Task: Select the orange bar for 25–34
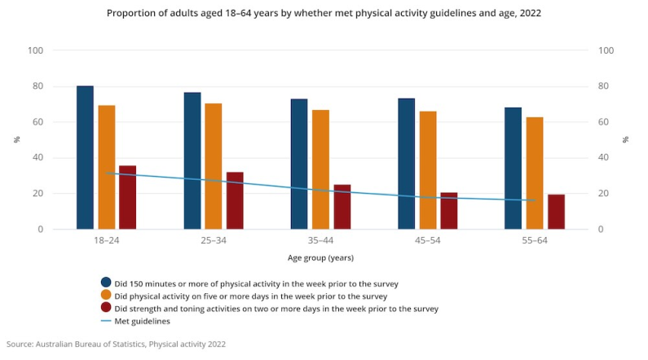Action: point(214,166)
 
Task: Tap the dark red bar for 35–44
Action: point(342,207)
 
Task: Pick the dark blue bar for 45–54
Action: point(406,164)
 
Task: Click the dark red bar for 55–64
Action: point(556,212)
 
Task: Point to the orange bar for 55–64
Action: point(535,173)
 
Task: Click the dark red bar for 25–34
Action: point(235,200)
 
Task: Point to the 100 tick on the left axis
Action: point(35,50)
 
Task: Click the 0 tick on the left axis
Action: point(39,230)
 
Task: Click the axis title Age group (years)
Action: point(320,258)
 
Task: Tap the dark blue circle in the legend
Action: point(105,283)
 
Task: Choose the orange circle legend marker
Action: point(105,296)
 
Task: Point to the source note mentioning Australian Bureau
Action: point(114,345)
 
